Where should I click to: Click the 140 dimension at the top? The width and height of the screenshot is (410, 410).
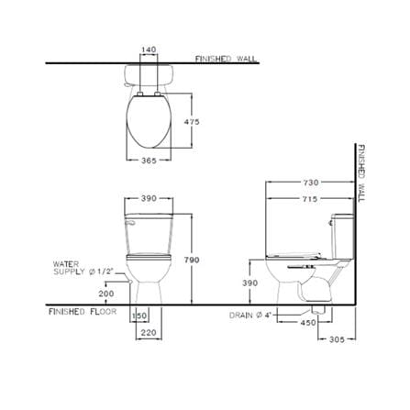[x=149, y=50]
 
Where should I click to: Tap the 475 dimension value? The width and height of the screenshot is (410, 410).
[x=192, y=122]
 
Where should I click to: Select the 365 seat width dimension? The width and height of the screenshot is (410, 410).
[x=149, y=161]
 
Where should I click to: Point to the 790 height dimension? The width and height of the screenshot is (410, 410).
[x=192, y=260]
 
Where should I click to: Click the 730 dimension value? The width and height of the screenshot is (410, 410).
[x=311, y=183]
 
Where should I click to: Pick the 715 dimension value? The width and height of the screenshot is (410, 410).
[x=311, y=199]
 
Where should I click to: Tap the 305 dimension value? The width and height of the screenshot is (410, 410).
[x=337, y=339]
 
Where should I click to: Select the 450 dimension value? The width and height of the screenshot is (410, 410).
[x=308, y=322]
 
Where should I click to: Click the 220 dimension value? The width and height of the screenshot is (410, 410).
[x=149, y=332]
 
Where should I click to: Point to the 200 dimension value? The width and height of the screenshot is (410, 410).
[x=106, y=294]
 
